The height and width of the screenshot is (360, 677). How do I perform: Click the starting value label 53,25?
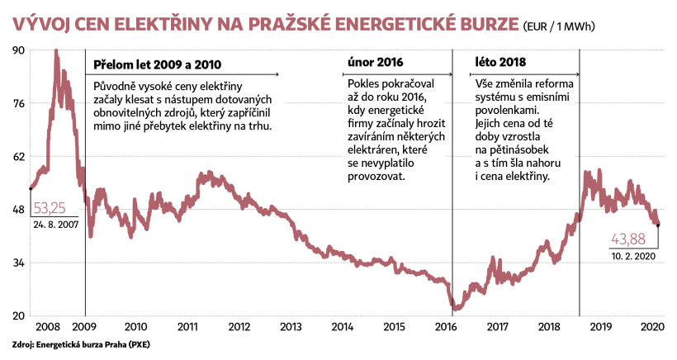tap(50, 207)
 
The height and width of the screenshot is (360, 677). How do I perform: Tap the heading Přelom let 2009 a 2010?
tap(157, 64)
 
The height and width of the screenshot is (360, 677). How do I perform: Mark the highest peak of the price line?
tap(55, 51)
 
